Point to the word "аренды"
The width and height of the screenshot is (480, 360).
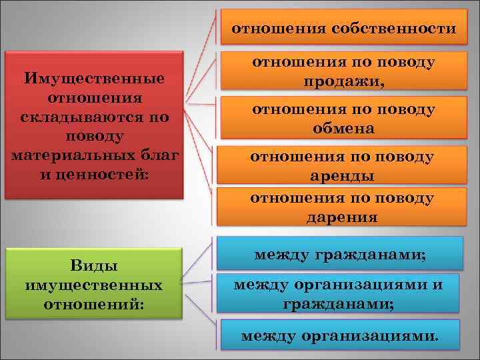tap(342, 176)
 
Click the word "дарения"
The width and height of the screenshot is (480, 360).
tap(342, 217)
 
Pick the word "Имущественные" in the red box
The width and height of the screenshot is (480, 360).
tap(94, 79)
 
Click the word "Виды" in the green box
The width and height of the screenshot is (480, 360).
tap(94, 266)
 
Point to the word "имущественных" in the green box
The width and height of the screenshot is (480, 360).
tap(94, 285)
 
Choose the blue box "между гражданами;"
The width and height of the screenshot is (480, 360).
tap(340, 253)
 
